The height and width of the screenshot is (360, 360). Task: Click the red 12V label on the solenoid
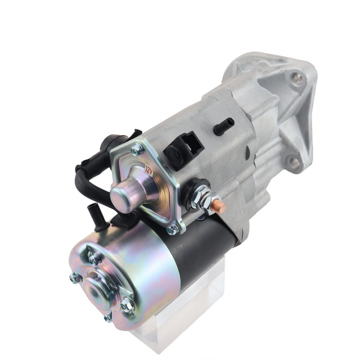[x=149, y=169]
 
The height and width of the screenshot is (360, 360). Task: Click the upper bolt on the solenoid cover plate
[x=136, y=150]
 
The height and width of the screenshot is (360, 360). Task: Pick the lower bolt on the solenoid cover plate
[x=172, y=229]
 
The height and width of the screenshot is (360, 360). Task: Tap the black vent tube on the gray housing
[x=224, y=127]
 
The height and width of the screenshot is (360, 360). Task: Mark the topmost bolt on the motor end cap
[x=95, y=258]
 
